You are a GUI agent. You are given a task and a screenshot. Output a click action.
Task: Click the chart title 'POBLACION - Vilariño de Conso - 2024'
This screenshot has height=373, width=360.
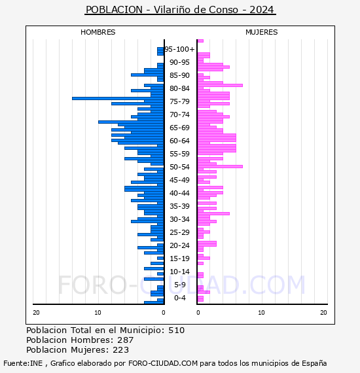tap(180, 10)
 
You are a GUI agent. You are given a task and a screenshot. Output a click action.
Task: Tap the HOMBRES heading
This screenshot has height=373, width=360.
tap(98, 32)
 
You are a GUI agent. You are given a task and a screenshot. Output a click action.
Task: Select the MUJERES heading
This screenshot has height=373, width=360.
tap(262, 32)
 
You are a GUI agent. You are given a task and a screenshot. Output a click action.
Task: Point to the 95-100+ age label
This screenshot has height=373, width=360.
tap(179, 49)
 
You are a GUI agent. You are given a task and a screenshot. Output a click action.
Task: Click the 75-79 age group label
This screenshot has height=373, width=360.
tap(179, 101)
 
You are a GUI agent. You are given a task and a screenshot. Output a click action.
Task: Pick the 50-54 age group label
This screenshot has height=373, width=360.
tap(179, 167)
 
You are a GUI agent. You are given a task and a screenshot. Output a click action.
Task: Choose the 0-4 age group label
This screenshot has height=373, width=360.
tap(179, 298)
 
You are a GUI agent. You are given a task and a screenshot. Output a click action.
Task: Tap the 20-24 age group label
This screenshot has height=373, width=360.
tap(179, 245)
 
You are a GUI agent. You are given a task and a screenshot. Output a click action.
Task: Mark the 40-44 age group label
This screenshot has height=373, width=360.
tap(179, 193)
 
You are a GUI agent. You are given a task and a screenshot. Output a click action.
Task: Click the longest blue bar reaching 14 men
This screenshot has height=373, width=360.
tap(118, 98)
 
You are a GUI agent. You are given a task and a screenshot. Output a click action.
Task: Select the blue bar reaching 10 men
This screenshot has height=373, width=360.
tap(131, 122)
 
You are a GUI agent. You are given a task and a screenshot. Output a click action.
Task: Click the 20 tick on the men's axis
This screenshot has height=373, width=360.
tap(36, 313)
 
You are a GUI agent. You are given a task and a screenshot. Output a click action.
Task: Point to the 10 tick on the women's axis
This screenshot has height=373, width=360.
tap(261, 313)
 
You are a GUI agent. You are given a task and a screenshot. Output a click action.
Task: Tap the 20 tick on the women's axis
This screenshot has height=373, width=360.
tap(323, 313)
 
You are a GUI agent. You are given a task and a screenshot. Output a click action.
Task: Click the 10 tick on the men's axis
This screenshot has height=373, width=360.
tap(98, 313)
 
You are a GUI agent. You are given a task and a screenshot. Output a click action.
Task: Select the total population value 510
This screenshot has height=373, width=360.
tap(176, 330)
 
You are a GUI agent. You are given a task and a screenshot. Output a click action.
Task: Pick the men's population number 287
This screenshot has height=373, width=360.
tap(126, 340)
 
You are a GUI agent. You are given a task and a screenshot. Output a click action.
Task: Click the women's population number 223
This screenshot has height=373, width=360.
tap(121, 350)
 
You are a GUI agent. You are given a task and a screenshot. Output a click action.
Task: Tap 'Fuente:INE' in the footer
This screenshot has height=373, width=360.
tap(23, 363)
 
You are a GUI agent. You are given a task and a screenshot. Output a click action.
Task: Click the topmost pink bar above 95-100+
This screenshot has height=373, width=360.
tap(200, 41)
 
